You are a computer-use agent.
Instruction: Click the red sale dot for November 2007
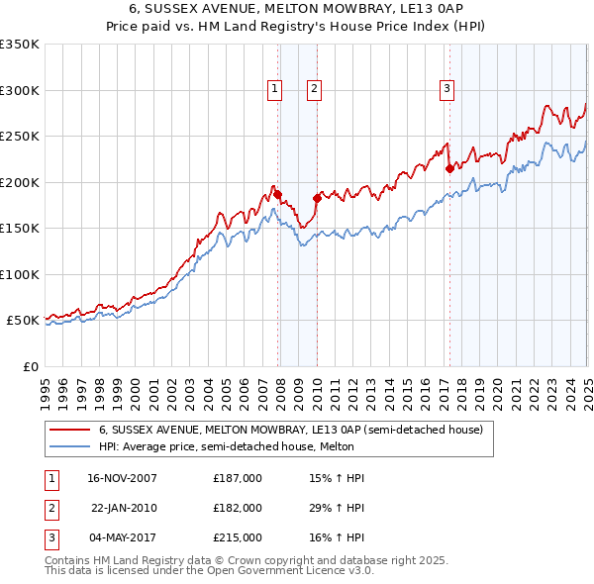pos(278,195)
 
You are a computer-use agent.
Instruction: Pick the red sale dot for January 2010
pos(318,198)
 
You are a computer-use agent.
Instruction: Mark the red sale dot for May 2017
pos(449,168)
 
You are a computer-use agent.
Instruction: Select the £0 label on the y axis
pos(29,366)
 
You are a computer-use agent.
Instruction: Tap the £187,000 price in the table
pos(238,478)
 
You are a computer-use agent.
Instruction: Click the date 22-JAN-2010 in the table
pos(124,508)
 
